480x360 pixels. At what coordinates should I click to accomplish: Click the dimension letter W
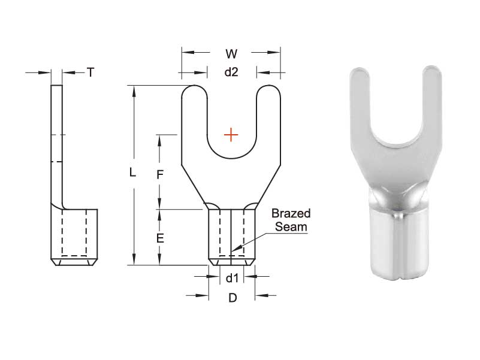click(231, 54)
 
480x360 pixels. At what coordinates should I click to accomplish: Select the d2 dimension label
click(231, 72)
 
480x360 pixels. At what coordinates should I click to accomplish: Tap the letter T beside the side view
click(90, 72)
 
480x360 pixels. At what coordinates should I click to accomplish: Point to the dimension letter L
click(133, 173)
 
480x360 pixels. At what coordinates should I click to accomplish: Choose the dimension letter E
click(159, 238)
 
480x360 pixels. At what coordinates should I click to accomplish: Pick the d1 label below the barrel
click(232, 277)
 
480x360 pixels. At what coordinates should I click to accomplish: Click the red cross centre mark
click(231, 135)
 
